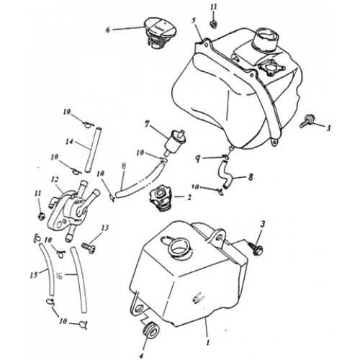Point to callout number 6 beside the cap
[x=109, y=30]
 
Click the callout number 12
[x=55, y=179]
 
